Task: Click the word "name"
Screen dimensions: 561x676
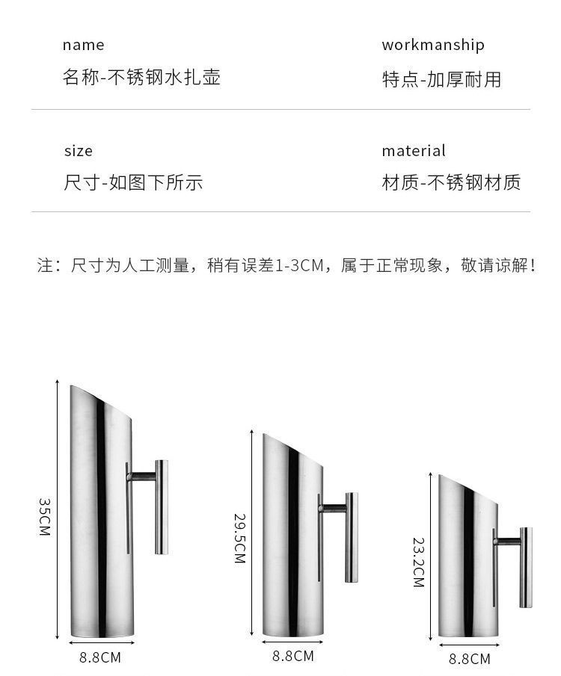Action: tap(83, 45)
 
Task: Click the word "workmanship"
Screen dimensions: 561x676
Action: tap(432, 45)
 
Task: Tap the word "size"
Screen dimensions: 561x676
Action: tap(78, 151)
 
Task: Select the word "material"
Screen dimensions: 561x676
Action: tap(413, 151)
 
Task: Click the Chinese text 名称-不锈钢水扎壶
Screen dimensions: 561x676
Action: tap(141, 77)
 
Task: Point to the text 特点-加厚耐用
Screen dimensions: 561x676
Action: tap(441, 79)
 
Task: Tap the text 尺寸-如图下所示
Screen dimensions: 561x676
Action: tap(133, 183)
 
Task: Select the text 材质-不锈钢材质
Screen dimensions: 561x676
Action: tap(451, 183)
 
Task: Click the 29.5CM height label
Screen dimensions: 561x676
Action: tap(239, 538)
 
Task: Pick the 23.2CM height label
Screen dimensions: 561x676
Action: tap(418, 562)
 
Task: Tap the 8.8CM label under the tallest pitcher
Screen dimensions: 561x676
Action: tap(100, 658)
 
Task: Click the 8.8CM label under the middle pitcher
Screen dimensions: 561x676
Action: tap(292, 656)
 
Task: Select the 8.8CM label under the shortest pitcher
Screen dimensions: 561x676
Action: tap(470, 659)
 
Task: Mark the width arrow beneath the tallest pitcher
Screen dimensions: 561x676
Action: tap(102, 642)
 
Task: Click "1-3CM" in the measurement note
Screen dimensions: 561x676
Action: tap(302, 265)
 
